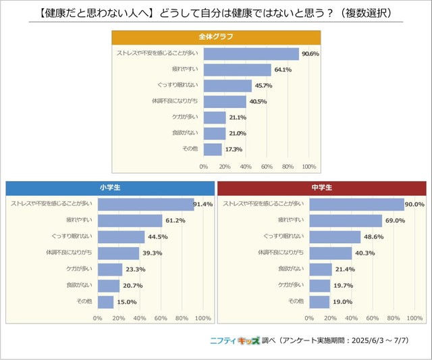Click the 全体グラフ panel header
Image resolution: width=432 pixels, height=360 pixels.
(215, 36)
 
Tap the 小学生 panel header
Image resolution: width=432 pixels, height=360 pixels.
(108, 186)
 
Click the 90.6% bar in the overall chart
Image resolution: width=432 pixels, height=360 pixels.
(250, 54)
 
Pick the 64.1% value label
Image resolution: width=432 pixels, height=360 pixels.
(283, 70)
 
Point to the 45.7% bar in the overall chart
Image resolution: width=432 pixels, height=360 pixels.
(227, 86)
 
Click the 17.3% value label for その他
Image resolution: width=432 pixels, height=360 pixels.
(234, 149)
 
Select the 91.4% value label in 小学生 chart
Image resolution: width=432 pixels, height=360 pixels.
(204, 204)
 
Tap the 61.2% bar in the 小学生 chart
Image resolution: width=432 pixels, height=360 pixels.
(130, 220)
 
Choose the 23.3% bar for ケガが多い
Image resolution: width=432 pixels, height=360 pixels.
(110, 269)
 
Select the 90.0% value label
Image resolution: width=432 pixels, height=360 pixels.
(414, 204)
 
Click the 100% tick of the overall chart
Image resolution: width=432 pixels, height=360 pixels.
(309, 166)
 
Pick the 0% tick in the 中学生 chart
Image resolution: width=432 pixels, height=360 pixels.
(310, 318)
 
